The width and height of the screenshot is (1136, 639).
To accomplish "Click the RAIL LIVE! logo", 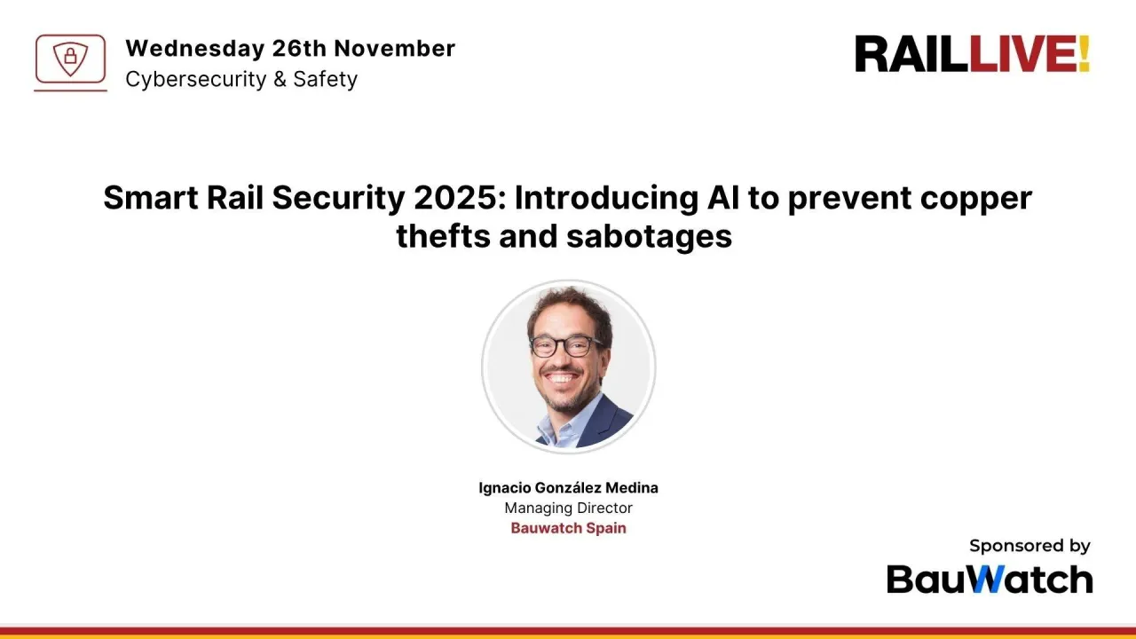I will [x=972, y=55].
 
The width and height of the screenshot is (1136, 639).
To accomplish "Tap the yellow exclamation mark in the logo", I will [x=1083, y=55].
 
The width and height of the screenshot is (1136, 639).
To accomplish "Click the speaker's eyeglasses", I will [x=565, y=346].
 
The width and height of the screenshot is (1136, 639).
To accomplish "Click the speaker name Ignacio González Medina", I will [x=568, y=487].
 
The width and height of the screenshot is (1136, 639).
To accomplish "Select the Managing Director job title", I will [x=568, y=508].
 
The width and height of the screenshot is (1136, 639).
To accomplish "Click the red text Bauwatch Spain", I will [x=568, y=528].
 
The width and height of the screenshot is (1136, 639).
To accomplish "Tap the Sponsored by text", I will [x=1029, y=546].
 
